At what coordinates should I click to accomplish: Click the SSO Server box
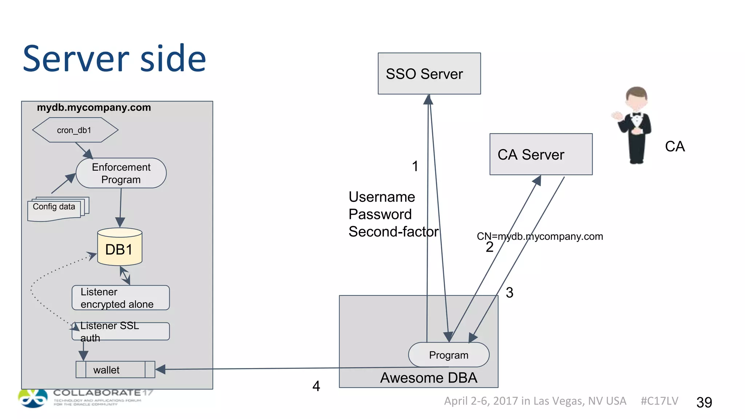tap(429, 73)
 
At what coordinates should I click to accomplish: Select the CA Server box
tap(541, 154)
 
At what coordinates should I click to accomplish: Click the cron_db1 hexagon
tap(75, 130)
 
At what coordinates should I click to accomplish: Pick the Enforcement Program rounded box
tap(121, 173)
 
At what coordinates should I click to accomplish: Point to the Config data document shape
tap(55, 209)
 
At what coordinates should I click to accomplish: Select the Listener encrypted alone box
tap(120, 298)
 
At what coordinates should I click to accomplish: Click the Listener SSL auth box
tap(120, 331)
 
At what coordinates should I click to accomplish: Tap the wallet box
tap(115, 370)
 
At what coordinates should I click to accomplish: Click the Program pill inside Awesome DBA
tap(449, 355)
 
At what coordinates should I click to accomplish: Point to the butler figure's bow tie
tap(636, 114)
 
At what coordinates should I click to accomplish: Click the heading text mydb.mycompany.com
tap(94, 108)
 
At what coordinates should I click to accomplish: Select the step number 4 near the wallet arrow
tap(316, 386)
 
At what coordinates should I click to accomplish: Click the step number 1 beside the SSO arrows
tap(415, 166)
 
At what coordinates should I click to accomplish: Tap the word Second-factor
tap(393, 232)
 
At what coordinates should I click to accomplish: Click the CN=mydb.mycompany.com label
tap(540, 236)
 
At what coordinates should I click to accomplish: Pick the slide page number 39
tap(704, 402)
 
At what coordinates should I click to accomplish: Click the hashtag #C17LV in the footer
tap(659, 401)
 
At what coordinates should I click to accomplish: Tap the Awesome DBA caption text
tap(429, 378)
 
